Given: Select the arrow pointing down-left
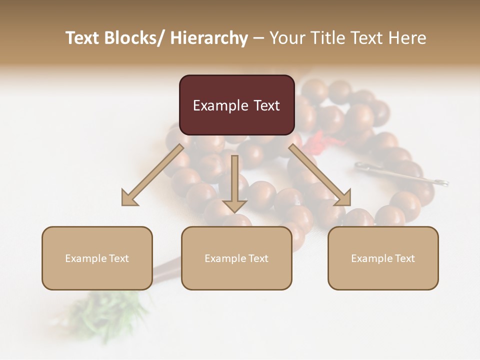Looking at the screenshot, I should click(x=152, y=175).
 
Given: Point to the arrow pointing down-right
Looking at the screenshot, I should click(x=320, y=175).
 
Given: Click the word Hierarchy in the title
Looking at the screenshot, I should click(x=208, y=38).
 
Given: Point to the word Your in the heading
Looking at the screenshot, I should click(x=287, y=38).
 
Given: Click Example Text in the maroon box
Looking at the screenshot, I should click(x=236, y=105).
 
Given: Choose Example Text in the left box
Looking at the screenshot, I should click(x=97, y=258).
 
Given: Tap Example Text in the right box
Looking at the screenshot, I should click(x=383, y=258).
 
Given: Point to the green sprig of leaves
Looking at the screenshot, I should click(x=107, y=312).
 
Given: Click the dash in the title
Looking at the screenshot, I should click(x=258, y=38).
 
